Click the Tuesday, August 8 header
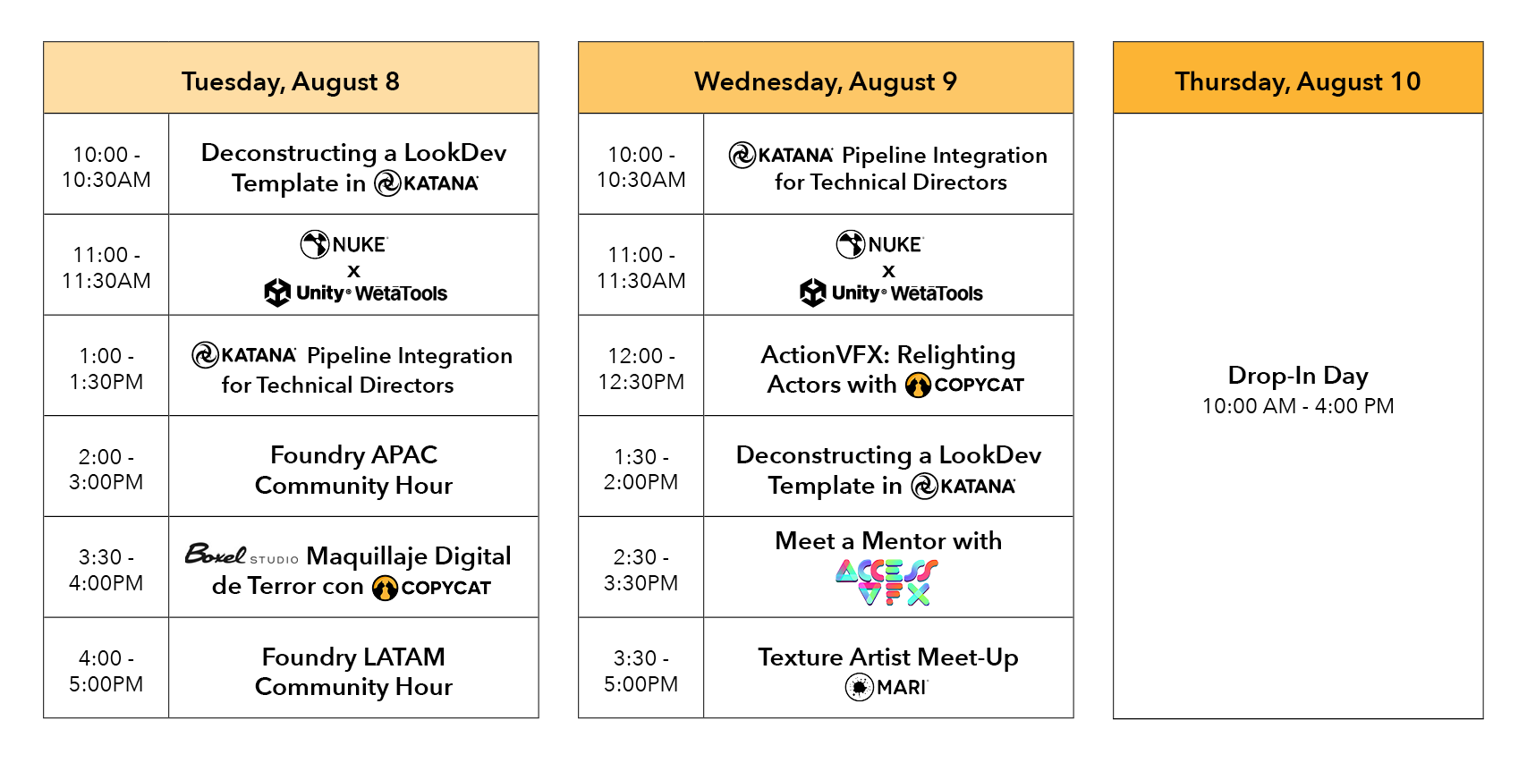point(291,81)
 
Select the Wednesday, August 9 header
point(825,81)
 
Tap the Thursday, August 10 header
point(1297,81)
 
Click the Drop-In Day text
point(1297,375)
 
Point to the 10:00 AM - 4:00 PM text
point(1297,406)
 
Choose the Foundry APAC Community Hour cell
point(353,470)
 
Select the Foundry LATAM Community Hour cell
point(353,671)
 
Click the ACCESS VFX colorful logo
point(887,582)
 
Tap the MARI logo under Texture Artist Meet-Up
point(887,687)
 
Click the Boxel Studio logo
point(241,555)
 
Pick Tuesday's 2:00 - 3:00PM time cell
point(106,470)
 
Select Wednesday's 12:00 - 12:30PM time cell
point(640,369)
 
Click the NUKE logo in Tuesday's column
point(344,244)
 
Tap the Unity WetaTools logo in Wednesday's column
point(891,292)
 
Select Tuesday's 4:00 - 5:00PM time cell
point(106,671)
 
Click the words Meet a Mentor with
point(887,541)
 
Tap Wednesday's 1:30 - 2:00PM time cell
point(640,470)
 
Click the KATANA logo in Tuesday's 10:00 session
point(427,183)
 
